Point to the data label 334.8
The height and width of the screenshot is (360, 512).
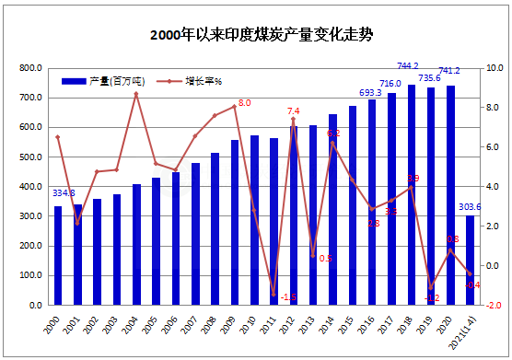64,193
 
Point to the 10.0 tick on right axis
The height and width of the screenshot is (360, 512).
493,68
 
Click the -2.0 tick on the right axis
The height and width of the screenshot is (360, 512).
493,306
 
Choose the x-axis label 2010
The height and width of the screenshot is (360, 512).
253,323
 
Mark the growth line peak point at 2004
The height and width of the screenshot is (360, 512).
136,94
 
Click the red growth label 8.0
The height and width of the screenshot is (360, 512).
244,103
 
